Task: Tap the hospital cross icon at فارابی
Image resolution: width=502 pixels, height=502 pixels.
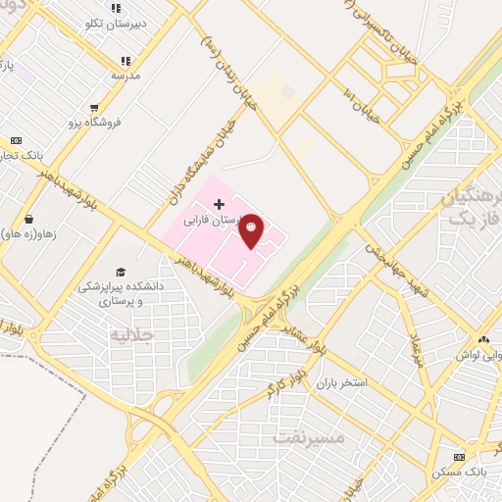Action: [x=218, y=204]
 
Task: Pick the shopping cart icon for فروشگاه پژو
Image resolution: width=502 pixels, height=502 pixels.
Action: [x=94, y=109]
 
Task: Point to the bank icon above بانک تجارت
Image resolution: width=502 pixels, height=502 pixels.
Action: [x=16, y=140]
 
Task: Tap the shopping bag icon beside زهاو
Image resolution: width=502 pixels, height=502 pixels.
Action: [x=28, y=219]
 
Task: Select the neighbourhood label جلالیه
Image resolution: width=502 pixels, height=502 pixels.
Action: [x=133, y=335]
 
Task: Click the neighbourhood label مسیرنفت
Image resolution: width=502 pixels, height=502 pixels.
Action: [x=313, y=437]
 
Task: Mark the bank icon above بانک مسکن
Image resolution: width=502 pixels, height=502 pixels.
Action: [x=459, y=457]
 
